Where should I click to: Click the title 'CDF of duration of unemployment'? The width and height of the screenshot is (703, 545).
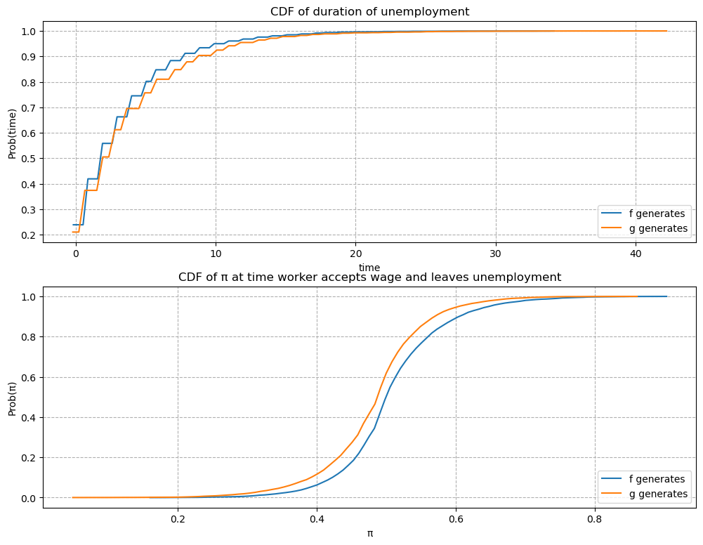click(x=369, y=11)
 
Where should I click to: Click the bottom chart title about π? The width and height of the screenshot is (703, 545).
click(x=369, y=277)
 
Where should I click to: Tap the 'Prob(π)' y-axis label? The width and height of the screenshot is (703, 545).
click(x=12, y=397)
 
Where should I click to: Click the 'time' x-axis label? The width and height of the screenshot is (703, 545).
click(x=369, y=267)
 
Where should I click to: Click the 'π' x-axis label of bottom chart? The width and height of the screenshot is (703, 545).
click(x=369, y=533)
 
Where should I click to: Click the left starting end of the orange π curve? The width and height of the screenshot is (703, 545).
click(x=73, y=497)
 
